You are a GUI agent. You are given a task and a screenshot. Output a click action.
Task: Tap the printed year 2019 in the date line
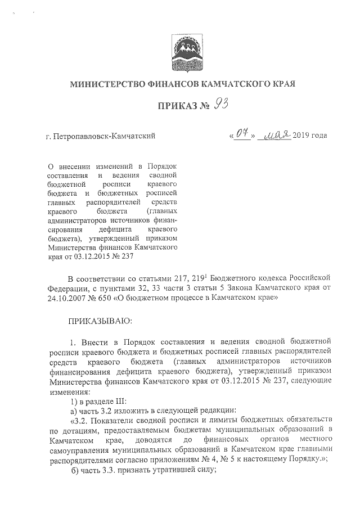click(x=302, y=136)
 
